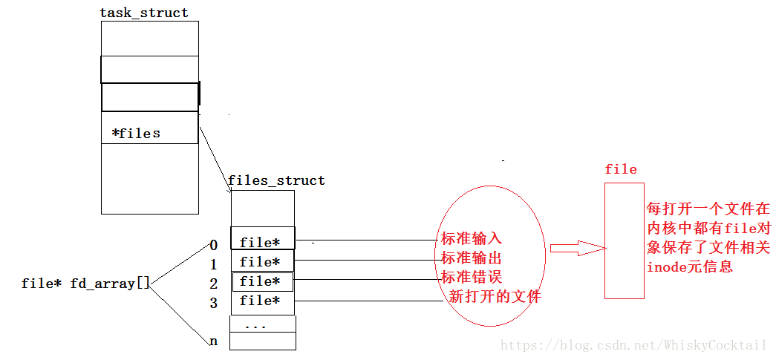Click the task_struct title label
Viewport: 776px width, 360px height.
pyautogui.click(x=144, y=13)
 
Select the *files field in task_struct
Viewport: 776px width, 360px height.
pyautogui.click(x=136, y=134)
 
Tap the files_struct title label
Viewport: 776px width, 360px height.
pyautogui.click(x=276, y=180)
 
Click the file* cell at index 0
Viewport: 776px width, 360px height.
pyautogui.click(x=262, y=242)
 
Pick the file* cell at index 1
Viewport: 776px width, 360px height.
pyautogui.click(x=262, y=261)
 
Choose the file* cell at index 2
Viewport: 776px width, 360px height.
pyautogui.click(x=262, y=281)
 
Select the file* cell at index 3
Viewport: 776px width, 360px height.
pyautogui.click(x=262, y=301)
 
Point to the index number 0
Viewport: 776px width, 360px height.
pyautogui.click(x=214, y=245)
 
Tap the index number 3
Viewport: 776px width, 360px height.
pyautogui.click(x=214, y=303)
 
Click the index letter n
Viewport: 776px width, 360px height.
pyautogui.click(x=214, y=341)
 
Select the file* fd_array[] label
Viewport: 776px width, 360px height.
pyautogui.click(x=86, y=284)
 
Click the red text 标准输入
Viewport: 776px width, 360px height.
pyautogui.click(x=472, y=238)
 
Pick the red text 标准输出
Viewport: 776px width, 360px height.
pyautogui.click(x=472, y=258)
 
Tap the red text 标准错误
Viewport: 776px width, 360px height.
pyautogui.click(x=472, y=278)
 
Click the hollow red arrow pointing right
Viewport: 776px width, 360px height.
pyautogui.click(x=575, y=248)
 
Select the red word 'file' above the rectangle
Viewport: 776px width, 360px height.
pyautogui.click(x=621, y=169)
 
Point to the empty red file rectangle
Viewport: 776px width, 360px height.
pyautogui.click(x=624, y=240)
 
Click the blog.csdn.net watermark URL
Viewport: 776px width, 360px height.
pyautogui.click(x=633, y=345)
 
